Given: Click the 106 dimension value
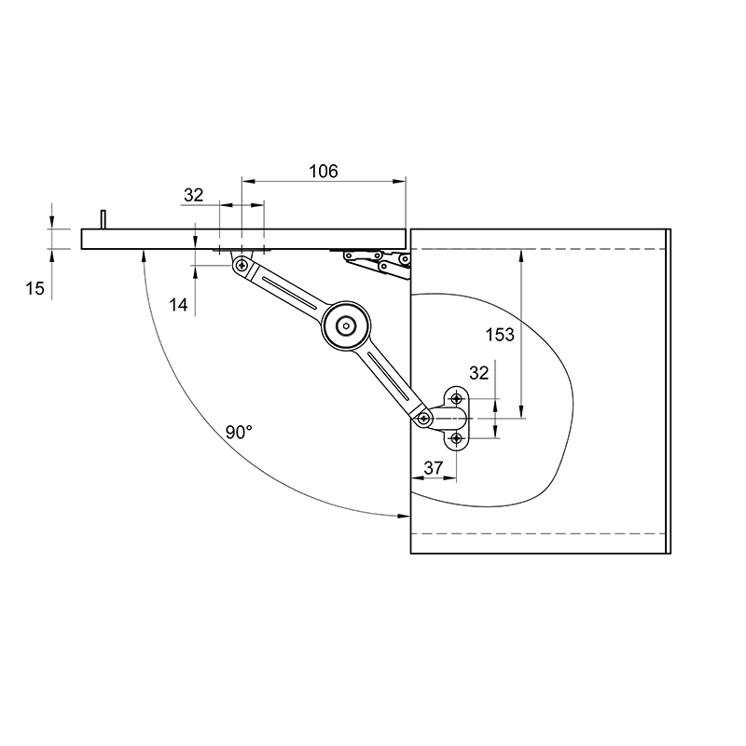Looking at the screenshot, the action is pos(324,172).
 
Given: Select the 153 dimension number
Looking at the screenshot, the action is pos(500,335).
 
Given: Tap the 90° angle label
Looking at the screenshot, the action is pos(239,433).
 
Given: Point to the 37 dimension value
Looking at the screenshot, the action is pos(433,468).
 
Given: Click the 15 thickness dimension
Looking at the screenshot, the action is pos(35,288).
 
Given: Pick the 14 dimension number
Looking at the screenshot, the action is pos(178,305).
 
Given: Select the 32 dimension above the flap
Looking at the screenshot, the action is pos(193,195).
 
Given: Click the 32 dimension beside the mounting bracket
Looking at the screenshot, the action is pos(478,374).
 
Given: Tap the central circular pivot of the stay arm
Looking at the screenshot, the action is pos(345,325).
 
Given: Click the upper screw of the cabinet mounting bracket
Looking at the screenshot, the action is pos(457,398).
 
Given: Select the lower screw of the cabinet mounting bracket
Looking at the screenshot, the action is pos(457,438).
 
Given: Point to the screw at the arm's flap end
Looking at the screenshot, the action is pos(242,265).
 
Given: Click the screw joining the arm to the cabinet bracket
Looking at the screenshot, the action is pos(423,418).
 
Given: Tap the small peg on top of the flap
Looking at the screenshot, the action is pos(103,219).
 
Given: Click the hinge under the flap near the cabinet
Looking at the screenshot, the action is pos(378,263).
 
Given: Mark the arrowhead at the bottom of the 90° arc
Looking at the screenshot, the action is pos(404,516).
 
